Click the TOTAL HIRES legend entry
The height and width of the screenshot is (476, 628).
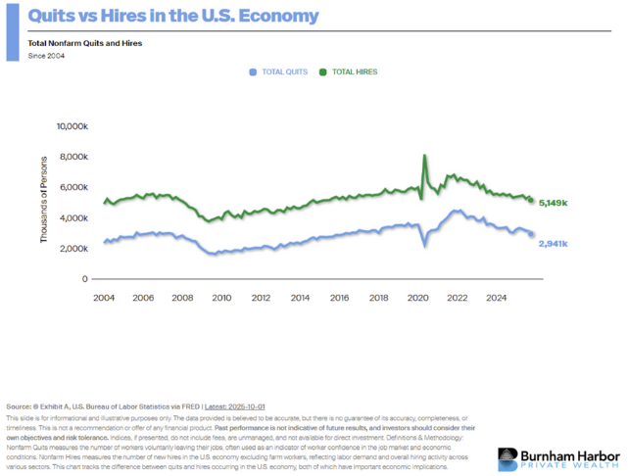[354, 71]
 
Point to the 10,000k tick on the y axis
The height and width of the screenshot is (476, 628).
[72, 126]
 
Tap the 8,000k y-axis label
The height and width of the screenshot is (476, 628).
[74, 157]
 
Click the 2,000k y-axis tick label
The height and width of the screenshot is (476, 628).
[74, 249]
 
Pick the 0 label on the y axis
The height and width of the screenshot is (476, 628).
[85, 279]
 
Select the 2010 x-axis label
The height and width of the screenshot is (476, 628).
[221, 298]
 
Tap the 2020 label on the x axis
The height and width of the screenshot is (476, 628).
[418, 298]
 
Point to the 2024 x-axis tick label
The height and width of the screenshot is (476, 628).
[498, 298]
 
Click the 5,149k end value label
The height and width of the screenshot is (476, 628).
[554, 203]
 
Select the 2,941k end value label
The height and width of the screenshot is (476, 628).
[554, 242]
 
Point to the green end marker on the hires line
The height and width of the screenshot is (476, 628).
[531, 201]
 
